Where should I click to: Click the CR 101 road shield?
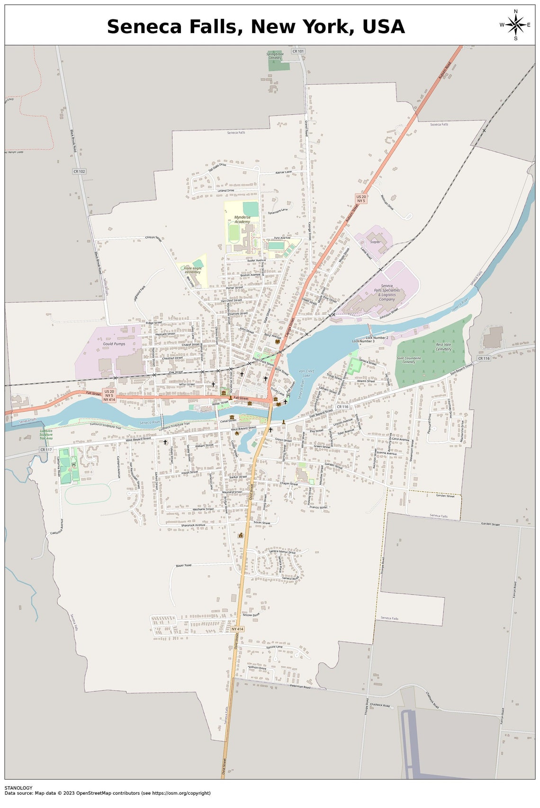(x=298, y=51)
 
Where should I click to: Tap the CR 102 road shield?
(x=79, y=171)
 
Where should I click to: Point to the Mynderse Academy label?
(x=242, y=220)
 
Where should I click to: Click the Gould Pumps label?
(x=114, y=344)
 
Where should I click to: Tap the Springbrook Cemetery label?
(x=275, y=56)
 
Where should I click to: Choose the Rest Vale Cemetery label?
(x=443, y=347)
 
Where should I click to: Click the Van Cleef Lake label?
(x=306, y=373)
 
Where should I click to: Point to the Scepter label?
(x=375, y=242)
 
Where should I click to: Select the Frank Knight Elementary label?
(x=193, y=270)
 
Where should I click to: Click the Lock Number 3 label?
(x=363, y=341)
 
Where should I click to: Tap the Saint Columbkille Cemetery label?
(x=409, y=360)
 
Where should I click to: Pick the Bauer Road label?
(x=183, y=565)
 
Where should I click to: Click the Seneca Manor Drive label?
(x=282, y=552)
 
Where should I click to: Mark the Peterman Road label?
(x=300, y=686)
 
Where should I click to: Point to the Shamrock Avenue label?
(x=193, y=525)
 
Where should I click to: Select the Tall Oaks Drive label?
(x=217, y=167)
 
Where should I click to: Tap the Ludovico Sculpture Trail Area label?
(x=46, y=435)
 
